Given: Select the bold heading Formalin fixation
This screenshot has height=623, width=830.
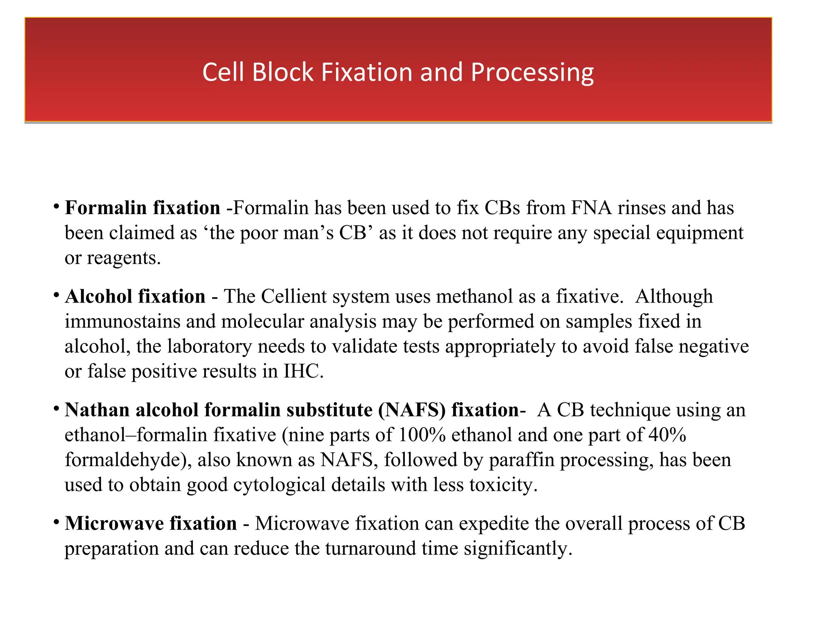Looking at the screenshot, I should (x=143, y=208).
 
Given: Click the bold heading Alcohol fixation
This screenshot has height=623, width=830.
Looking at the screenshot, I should (x=135, y=296).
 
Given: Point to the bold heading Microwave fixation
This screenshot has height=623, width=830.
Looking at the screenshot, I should (x=151, y=523).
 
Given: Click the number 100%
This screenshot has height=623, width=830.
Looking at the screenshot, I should (x=422, y=435).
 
